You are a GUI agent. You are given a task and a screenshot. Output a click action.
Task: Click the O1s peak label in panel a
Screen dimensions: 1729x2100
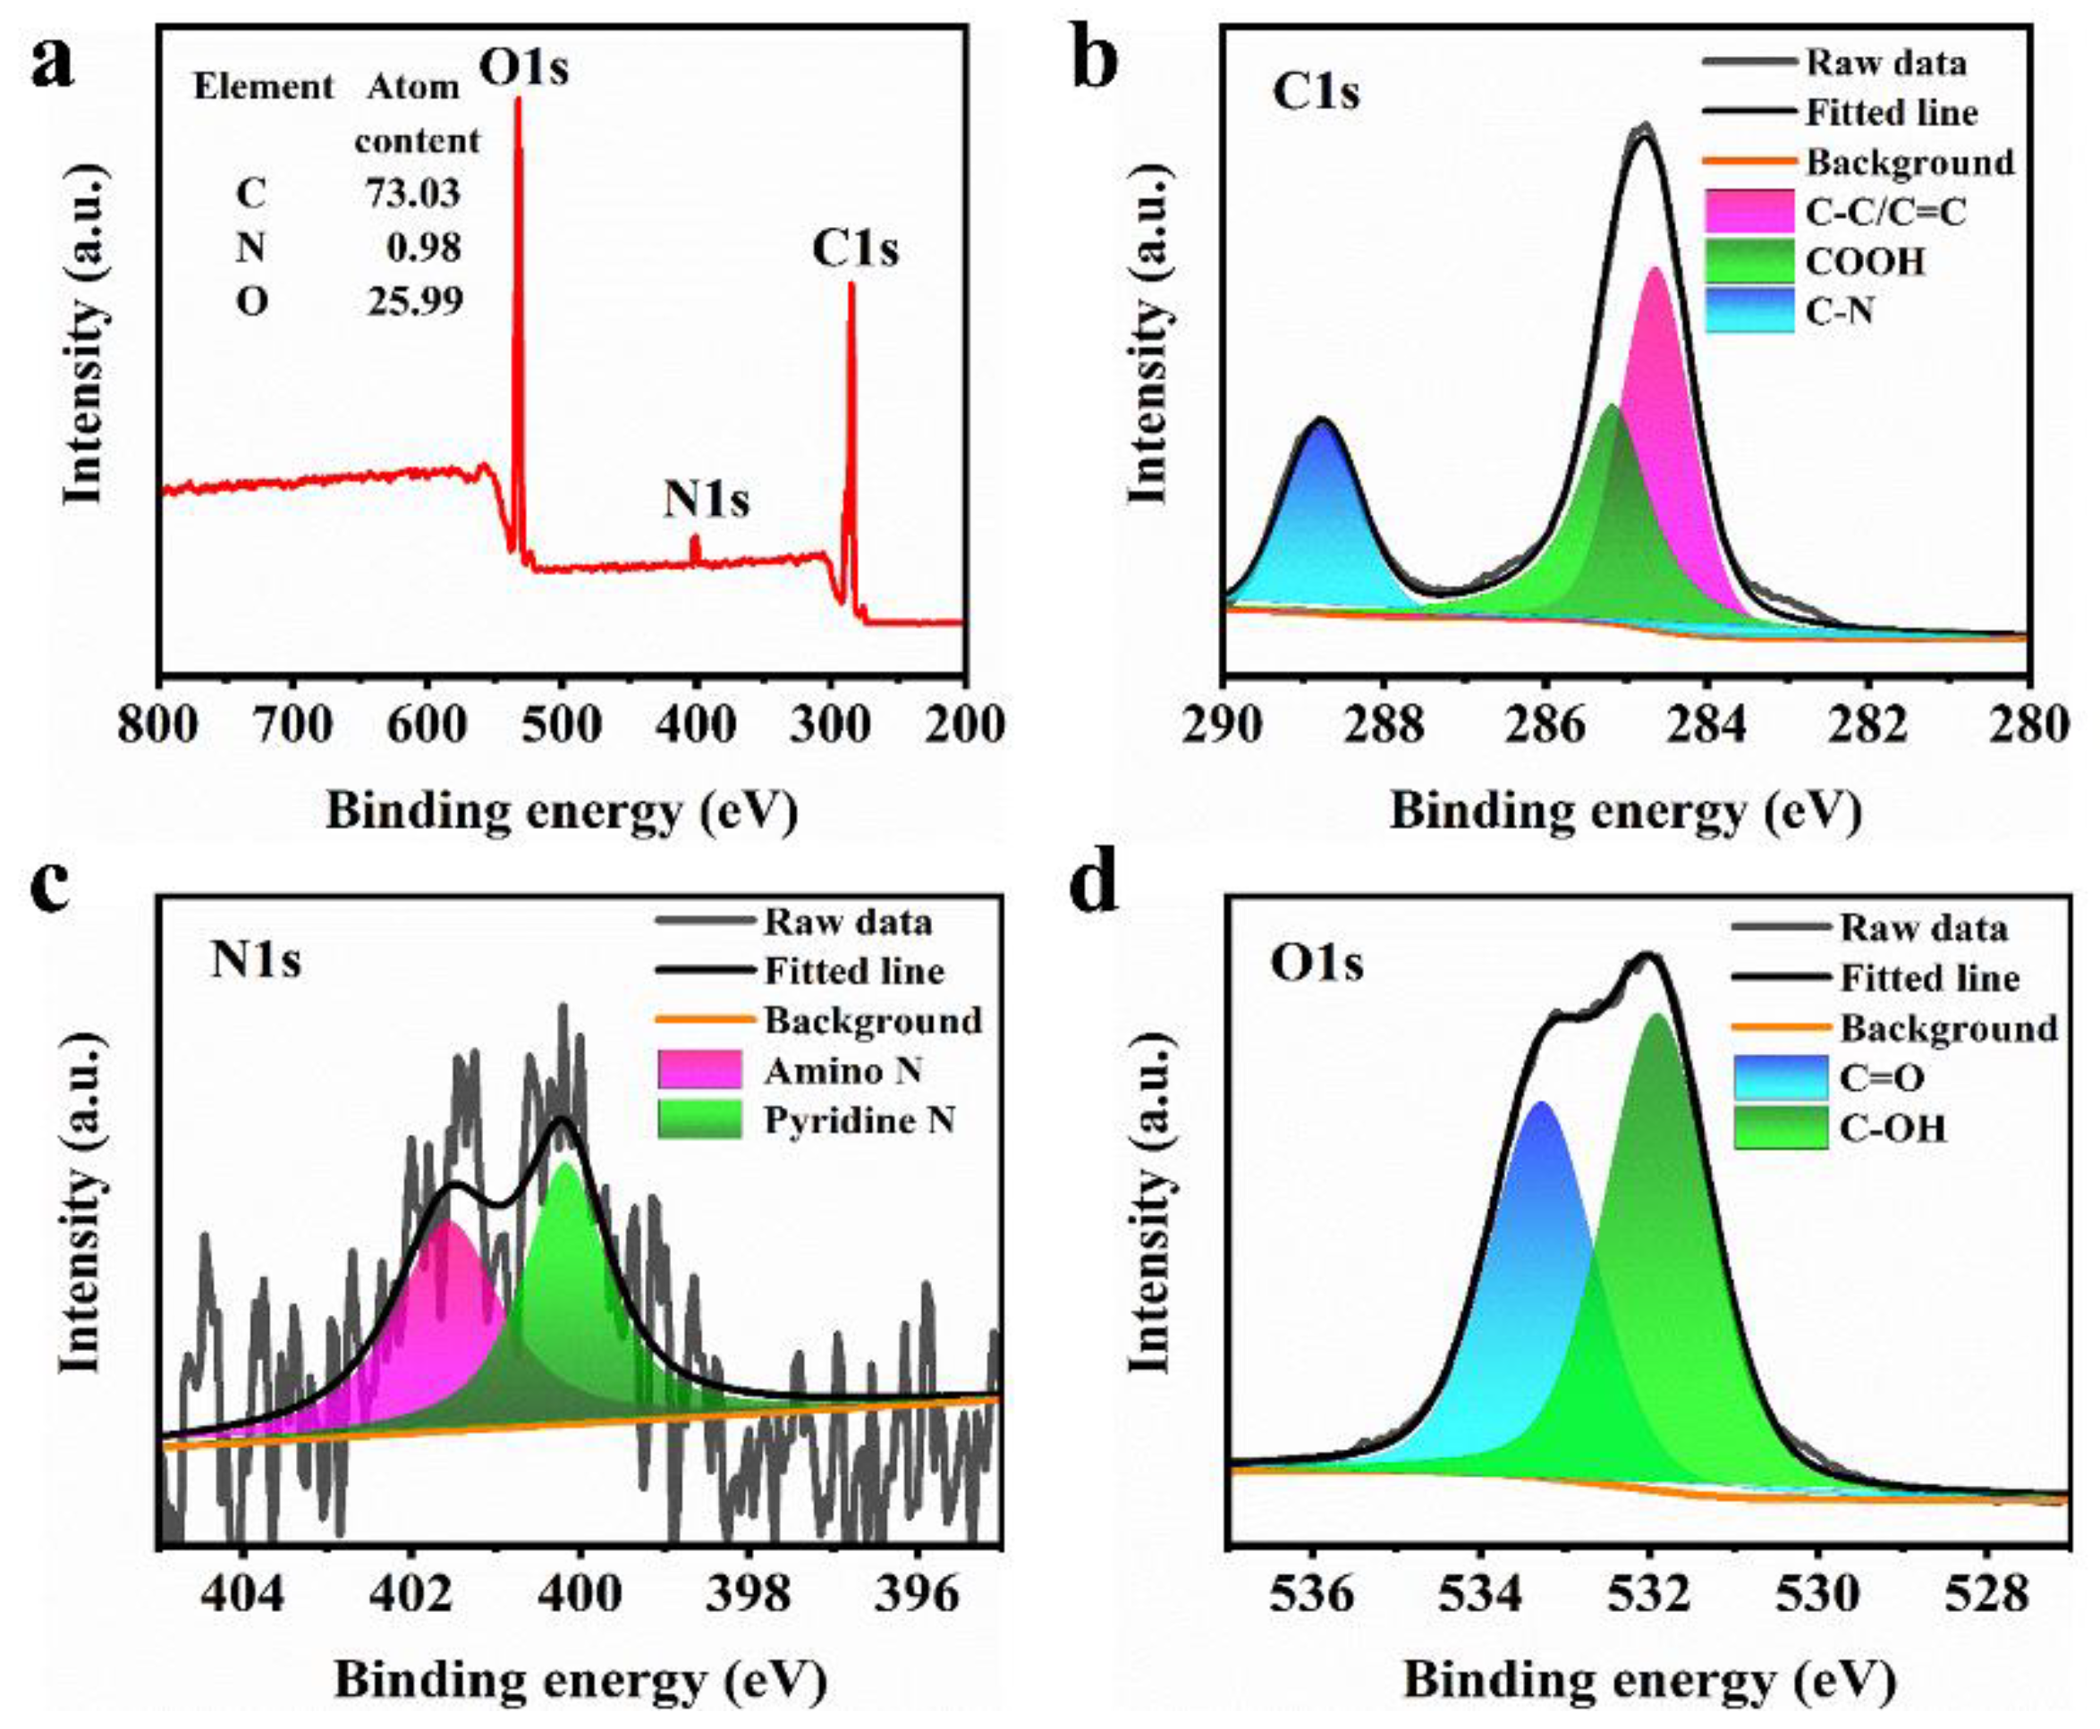(524, 68)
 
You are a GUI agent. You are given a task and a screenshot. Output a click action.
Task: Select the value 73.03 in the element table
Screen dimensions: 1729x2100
(412, 192)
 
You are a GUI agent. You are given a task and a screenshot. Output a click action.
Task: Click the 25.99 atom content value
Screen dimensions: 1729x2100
(414, 299)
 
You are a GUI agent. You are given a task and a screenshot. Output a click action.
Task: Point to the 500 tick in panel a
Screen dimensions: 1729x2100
(562, 724)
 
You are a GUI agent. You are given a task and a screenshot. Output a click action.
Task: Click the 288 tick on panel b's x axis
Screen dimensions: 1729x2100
(1383, 724)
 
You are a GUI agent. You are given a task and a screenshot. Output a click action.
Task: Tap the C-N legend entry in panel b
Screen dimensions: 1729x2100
(1839, 313)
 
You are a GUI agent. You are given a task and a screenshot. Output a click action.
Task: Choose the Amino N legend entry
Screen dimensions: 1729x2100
(843, 1071)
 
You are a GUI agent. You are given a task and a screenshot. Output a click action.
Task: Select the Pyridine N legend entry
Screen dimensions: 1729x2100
(859, 1120)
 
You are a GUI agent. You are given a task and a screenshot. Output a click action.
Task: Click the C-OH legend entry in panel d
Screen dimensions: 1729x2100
(1888, 1128)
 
